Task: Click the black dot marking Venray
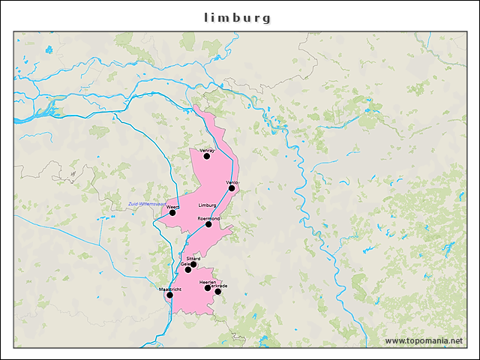click(207, 156)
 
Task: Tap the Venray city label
click(207, 150)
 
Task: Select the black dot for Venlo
click(232, 188)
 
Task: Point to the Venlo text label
click(232, 182)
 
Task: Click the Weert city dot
click(172, 212)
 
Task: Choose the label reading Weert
click(172, 206)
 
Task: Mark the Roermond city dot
click(208, 224)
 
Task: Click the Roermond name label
click(208, 218)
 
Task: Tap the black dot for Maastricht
click(169, 295)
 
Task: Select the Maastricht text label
click(170, 289)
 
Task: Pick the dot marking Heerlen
click(208, 288)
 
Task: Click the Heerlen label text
click(208, 282)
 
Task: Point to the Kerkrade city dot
click(218, 292)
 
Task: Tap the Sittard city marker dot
click(193, 264)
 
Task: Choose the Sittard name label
click(193, 258)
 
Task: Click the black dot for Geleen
click(188, 269)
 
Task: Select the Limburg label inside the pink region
click(208, 205)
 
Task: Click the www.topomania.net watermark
click(423, 340)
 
